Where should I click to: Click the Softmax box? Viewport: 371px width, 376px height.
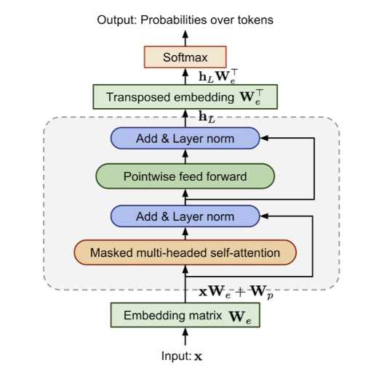(x=185, y=57)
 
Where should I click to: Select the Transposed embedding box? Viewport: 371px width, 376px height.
(x=185, y=97)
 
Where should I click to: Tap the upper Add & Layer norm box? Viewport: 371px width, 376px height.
(x=185, y=138)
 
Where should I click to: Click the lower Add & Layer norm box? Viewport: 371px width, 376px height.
(x=185, y=216)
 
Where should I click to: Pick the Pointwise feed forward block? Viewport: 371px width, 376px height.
(x=185, y=176)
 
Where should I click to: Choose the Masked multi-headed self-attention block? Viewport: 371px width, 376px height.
(x=185, y=253)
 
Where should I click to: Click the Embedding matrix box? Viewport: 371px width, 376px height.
(x=185, y=315)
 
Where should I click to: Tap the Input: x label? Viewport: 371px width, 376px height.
(x=182, y=356)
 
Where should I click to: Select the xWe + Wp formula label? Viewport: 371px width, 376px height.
(x=236, y=292)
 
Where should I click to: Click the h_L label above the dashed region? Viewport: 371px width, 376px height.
(x=207, y=117)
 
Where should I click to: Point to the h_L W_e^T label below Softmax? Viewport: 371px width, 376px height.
(x=218, y=76)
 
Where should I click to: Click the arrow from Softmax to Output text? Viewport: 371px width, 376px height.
(x=185, y=38)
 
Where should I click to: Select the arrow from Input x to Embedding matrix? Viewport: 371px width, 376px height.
(x=185, y=336)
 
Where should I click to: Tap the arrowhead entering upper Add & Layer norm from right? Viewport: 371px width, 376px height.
(x=264, y=138)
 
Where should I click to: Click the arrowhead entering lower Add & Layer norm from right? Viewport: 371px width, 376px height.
(x=264, y=216)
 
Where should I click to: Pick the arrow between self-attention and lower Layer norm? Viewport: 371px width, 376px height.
(x=185, y=234)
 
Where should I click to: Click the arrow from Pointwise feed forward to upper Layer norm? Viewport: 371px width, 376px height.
(x=185, y=156)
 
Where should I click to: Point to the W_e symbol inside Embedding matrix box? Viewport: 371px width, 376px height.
(x=240, y=316)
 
